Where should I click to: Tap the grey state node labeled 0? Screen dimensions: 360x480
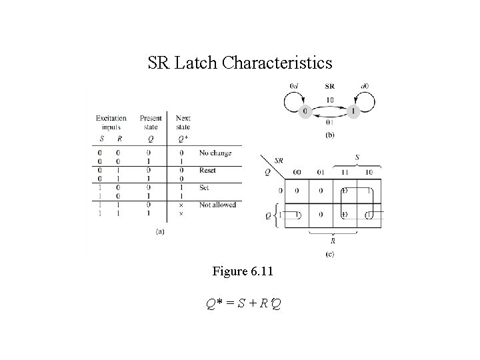(305, 111)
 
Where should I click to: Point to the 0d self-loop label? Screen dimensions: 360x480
(295, 86)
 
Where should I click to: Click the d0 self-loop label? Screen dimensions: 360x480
(364, 86)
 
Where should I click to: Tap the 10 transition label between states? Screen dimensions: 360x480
(329, 100)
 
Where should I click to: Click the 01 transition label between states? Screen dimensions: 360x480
(329, 122)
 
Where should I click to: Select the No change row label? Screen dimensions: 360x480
(215, 153)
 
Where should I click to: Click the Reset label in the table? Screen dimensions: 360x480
(207, 171)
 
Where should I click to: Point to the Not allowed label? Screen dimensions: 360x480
(217, 205)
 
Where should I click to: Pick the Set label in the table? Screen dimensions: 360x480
(204, 188)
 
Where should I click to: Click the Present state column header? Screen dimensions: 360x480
(151, 123)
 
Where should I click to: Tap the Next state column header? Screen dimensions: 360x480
(183, 123)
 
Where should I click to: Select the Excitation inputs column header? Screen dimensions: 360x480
(111, 123)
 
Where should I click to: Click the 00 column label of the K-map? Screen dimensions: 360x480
(297, 172)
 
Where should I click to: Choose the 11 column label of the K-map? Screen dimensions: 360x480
(344, 172)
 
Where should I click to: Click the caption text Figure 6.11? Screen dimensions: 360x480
(242, 271)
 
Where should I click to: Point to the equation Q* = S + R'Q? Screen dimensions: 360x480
(243, 305)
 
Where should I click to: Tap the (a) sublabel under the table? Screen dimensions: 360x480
(160, 231)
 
